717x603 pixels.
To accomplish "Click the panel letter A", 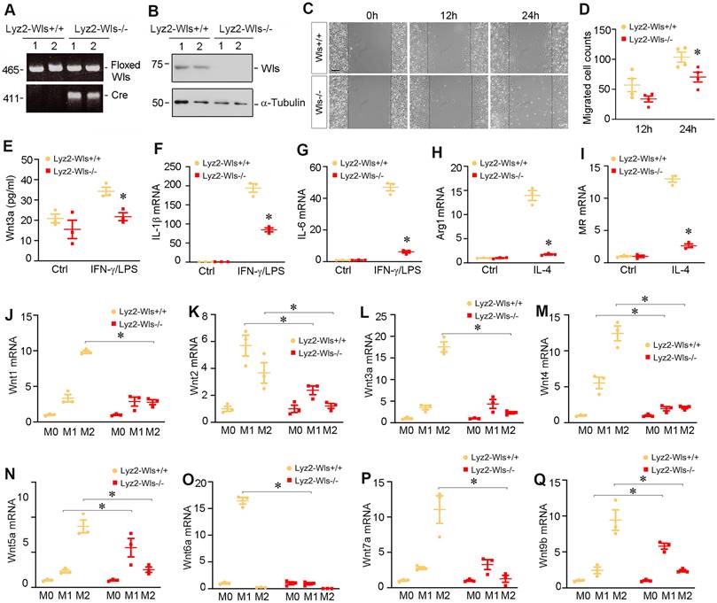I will pos(7,11).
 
